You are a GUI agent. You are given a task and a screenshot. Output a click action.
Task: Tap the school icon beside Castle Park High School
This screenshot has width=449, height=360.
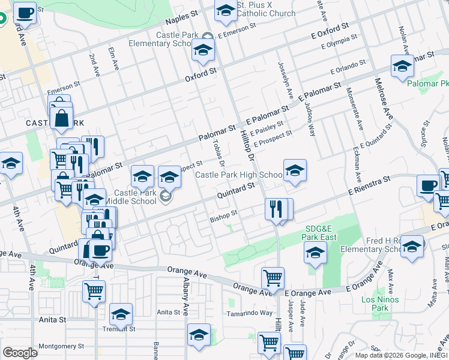[x=295, y=171]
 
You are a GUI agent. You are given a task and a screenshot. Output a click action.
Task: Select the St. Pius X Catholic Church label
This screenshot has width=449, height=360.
[x=266, y=9]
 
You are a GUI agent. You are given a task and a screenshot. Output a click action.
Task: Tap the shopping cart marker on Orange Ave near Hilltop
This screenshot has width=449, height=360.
[x=273, y=278]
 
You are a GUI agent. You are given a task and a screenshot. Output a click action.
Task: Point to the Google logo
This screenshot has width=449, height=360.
[x=20, y=353]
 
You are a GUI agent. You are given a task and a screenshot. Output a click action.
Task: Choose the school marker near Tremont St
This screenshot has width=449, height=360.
[x=121, y=314]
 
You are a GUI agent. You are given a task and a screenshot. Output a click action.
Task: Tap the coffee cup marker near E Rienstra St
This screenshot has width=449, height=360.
[x=429, y=186]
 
